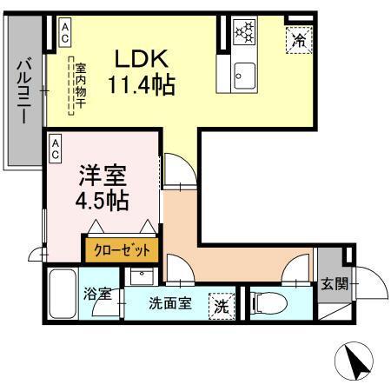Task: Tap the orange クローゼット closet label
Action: point(122,249)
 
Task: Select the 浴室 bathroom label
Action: point(96,294)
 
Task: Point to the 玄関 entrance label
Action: point(334,282)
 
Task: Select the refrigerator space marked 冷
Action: point(297,40)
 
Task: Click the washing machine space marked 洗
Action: point(222,305)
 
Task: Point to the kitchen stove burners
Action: point(245,34)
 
